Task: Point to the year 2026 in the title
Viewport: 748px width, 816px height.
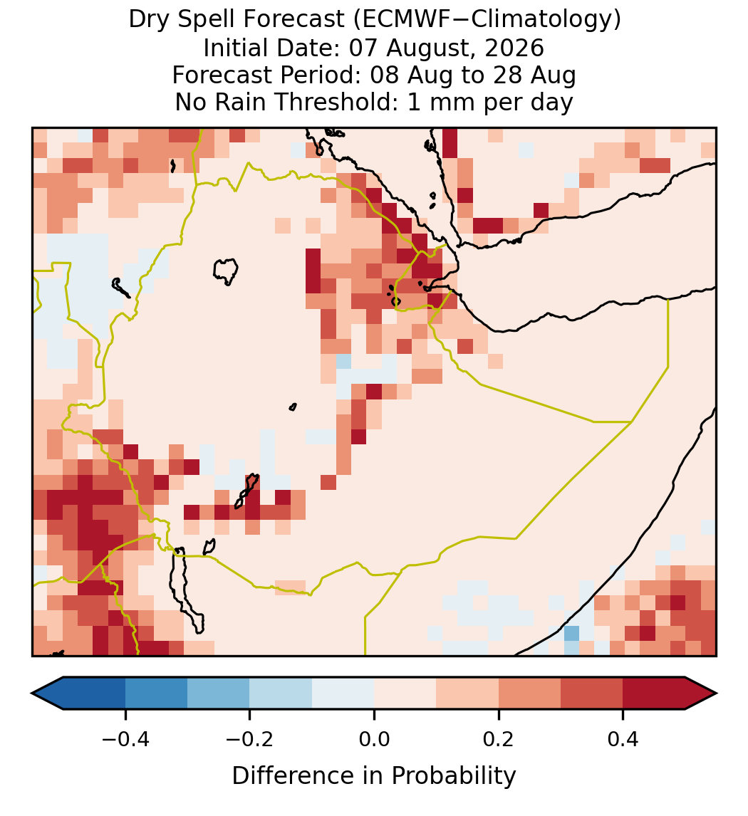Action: point(514,48)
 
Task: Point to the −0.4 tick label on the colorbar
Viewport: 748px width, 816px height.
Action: point(125,739)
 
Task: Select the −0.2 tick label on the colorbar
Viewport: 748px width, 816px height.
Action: point(250,739)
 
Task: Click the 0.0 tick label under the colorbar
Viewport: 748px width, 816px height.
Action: point(374,739)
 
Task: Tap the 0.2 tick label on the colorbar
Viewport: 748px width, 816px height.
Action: point(499,739)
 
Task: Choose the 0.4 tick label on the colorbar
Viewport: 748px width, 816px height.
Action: point(623,739)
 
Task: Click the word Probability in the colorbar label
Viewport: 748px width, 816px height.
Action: point(453,776)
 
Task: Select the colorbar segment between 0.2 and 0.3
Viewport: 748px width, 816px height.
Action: point(529,694)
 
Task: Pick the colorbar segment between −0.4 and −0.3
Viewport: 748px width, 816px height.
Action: point(156,694)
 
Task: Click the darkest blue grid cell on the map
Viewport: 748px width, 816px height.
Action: point(571,633)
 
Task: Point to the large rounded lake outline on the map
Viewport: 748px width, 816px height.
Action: point(226,271)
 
